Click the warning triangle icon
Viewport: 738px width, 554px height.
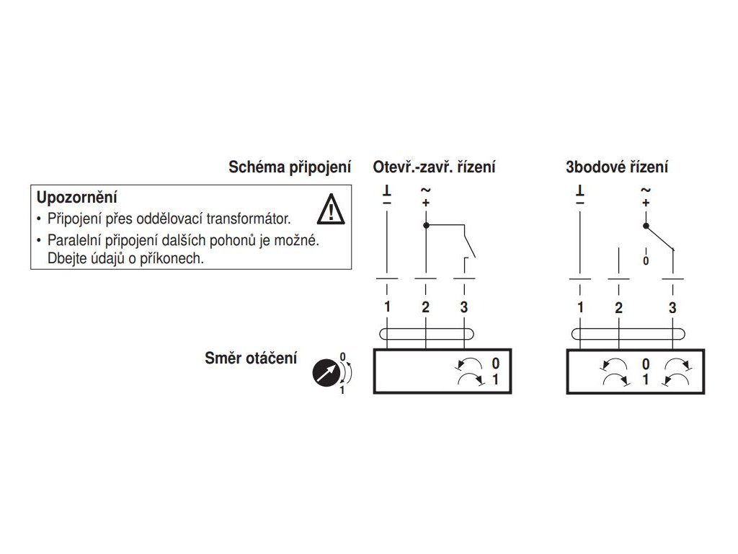click(331, 208)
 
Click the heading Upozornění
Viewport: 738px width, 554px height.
click(77, 196)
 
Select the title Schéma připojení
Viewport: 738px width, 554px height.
click(290, 167)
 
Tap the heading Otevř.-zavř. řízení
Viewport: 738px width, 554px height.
click(434, 167)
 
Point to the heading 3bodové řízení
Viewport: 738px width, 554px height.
click(617, 167)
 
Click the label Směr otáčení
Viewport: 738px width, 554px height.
click(251, 358)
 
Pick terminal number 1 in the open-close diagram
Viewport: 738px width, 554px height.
click(387, 307)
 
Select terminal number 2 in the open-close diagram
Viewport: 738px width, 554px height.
click(425, 307)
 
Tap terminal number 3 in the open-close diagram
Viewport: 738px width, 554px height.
click(463, 307)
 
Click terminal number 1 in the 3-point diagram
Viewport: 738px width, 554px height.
click(580, 307)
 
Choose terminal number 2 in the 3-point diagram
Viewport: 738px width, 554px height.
click(618, 307)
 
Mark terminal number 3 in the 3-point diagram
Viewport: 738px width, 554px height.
click(672, 307)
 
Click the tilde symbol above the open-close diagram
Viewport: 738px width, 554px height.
click(425, 190)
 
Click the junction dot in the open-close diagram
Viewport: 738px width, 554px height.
click(425, 226)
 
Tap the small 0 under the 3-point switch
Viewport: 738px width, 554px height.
click(645, 260)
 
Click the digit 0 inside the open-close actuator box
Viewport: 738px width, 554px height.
click(495, 364)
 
